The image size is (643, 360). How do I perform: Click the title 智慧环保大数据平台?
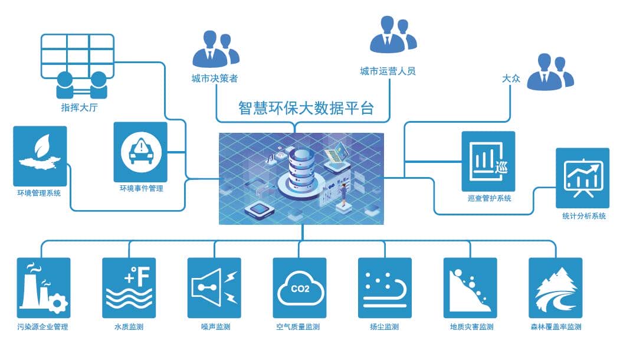[306, 108]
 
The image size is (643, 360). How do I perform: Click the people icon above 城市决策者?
[215, 50]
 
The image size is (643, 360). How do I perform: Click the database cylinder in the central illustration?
[301, 171]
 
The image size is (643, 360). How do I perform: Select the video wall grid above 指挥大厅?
[77, 52]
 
